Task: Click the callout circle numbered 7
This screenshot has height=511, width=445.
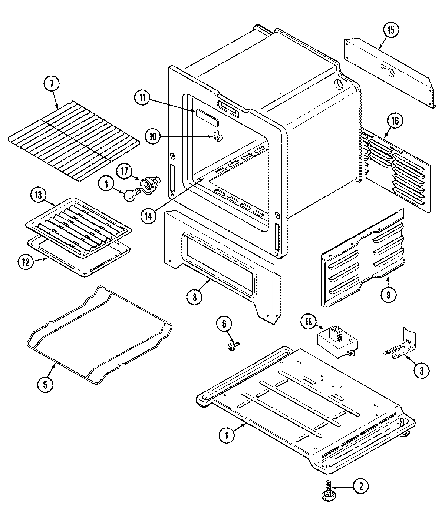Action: click(52, 84)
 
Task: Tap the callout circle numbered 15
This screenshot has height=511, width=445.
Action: click(391, 30)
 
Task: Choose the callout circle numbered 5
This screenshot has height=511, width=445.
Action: click(44, 384)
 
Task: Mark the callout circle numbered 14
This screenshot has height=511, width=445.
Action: click(148, 216)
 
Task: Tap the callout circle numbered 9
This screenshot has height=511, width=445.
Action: click(389, 295)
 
